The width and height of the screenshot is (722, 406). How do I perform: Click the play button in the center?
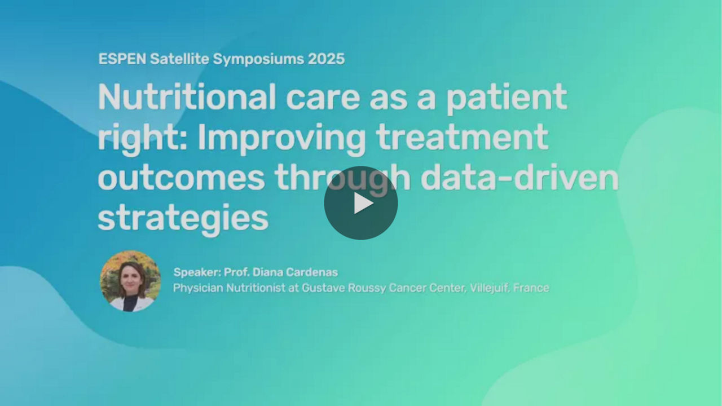(x=360, y=203)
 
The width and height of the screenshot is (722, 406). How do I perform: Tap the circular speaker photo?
(x=130, y=281)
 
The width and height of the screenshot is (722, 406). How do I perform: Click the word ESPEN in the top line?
(x=122, y=59)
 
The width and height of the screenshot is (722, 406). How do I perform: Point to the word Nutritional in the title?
(x=187, y=97)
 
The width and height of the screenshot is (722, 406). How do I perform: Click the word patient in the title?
(x=507, y=99)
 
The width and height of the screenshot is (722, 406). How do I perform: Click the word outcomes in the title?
(x=181, y=179)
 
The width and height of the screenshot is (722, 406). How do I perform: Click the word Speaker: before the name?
(x=197, y=272)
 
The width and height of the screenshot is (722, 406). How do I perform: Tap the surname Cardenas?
(x=312, y=272)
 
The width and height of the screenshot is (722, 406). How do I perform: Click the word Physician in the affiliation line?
(x=198, y=288)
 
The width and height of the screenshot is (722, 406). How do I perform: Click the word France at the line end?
(x=531, y=288)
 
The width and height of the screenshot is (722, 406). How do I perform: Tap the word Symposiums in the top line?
(x=258, y=60)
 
